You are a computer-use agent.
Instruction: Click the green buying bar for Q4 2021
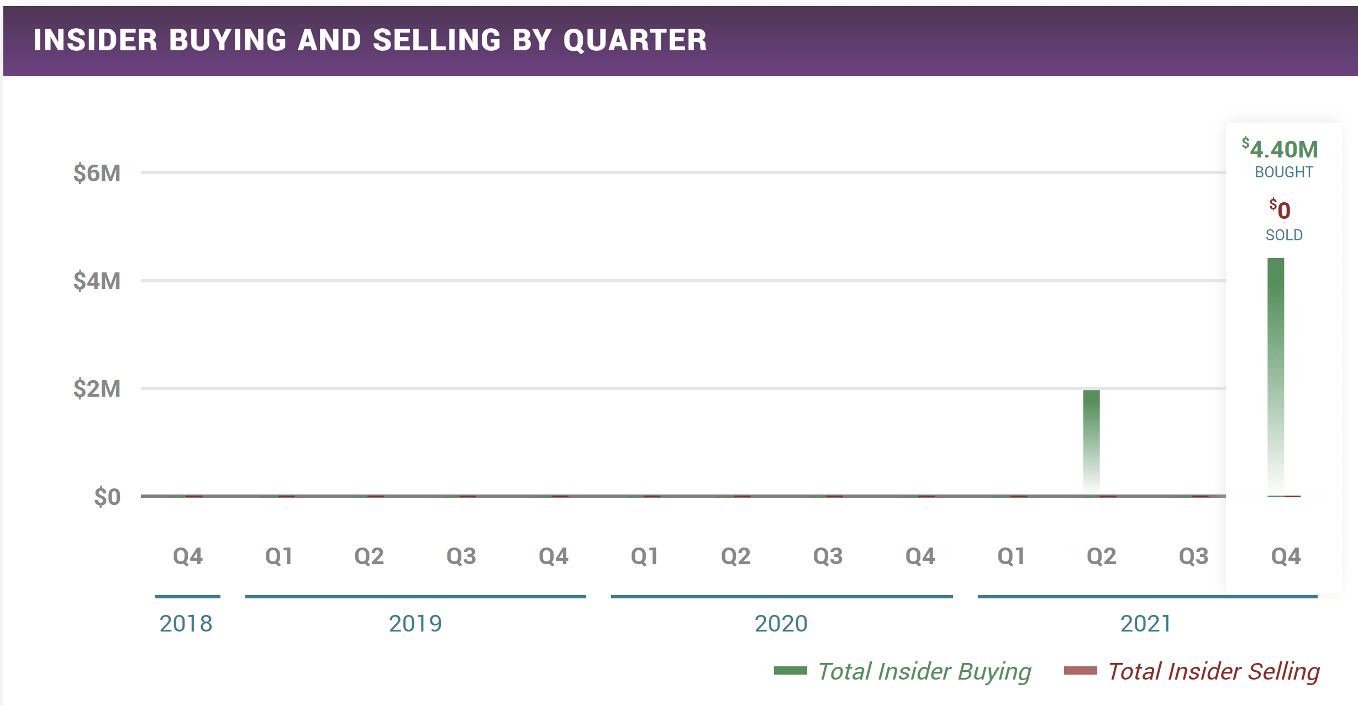pyautogui.click(x=1275, y=376)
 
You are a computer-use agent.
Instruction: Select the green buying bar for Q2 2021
pyautogui.click(x=1091, y=442)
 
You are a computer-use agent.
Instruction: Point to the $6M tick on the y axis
pyautogui.click(x=97, y=173)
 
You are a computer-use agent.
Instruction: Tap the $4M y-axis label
pyautogui.click(x=97, y=281)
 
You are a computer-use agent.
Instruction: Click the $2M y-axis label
pyautogui.click(x=97, y=389)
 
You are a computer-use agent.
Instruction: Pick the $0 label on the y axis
pyautogui.click(x=107, y=497)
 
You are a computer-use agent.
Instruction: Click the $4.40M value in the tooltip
pyautogui.click(x=1280, y=149)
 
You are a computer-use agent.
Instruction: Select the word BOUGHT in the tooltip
pyautogui.click(x=1283, y=172)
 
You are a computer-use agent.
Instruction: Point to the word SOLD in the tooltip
pyautogui.click(x=1283, y=235)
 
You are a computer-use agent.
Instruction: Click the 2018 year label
pyautogui.click(x=186, y=624)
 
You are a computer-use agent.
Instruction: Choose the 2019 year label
pyautogui.click(x=415, y=624)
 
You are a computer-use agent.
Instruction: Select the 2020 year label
pyautogui.click(x=781, y=624)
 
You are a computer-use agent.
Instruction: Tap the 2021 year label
pyautogui.click(x=1146, y=624)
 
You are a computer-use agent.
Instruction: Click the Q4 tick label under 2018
pyautogui.click(x=188, y=556)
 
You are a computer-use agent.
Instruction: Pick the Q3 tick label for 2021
pyautogui.click(x=1194, y=556)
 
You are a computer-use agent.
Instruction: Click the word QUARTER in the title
pyautogui.click(x=635, y=40)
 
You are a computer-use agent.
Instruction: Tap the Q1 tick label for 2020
pyautogui.click(x=645, y=556)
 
